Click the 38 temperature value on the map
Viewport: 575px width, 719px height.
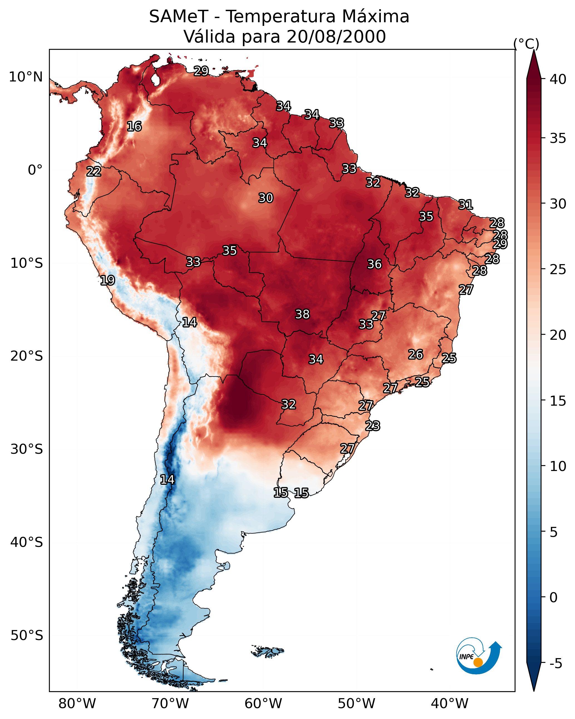tap(302, 314)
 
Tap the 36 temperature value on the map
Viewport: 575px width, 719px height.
tap(374, 264)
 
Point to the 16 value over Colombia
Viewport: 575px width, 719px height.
tap(134, 127)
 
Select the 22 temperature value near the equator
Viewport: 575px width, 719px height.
tap(94, 172)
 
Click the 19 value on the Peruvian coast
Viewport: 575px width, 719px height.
tap(107, 280)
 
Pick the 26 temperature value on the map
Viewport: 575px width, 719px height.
tap(416, 354)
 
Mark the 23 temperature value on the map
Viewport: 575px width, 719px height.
tap(372, 426)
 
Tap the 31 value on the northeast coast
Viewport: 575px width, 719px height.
tap(466, 204)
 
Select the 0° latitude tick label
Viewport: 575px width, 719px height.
tap(35, 170)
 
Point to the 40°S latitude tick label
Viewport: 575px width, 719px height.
tap(27, 542)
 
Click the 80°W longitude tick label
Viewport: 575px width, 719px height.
tap(77, 703)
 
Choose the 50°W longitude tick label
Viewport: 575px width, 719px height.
tap(356, 703)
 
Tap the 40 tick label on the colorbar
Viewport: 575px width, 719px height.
tap(558, 79)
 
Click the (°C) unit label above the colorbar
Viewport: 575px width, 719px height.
tap(526, 44)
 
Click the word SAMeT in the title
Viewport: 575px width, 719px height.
tap(179, 17)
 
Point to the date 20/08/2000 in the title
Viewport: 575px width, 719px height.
tap(336, 37)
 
